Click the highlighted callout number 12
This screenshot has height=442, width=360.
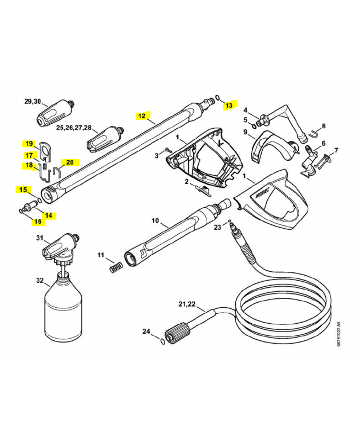click(x=142, y=116)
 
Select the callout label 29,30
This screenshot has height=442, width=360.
click(x=33, y=101)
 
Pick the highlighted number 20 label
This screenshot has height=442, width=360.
click(x=70, y=162)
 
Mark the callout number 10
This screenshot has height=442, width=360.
click(x=155, y=221)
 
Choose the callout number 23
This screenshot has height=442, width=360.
click(x=218, y=227)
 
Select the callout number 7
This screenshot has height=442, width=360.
click(x=336, y=150)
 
